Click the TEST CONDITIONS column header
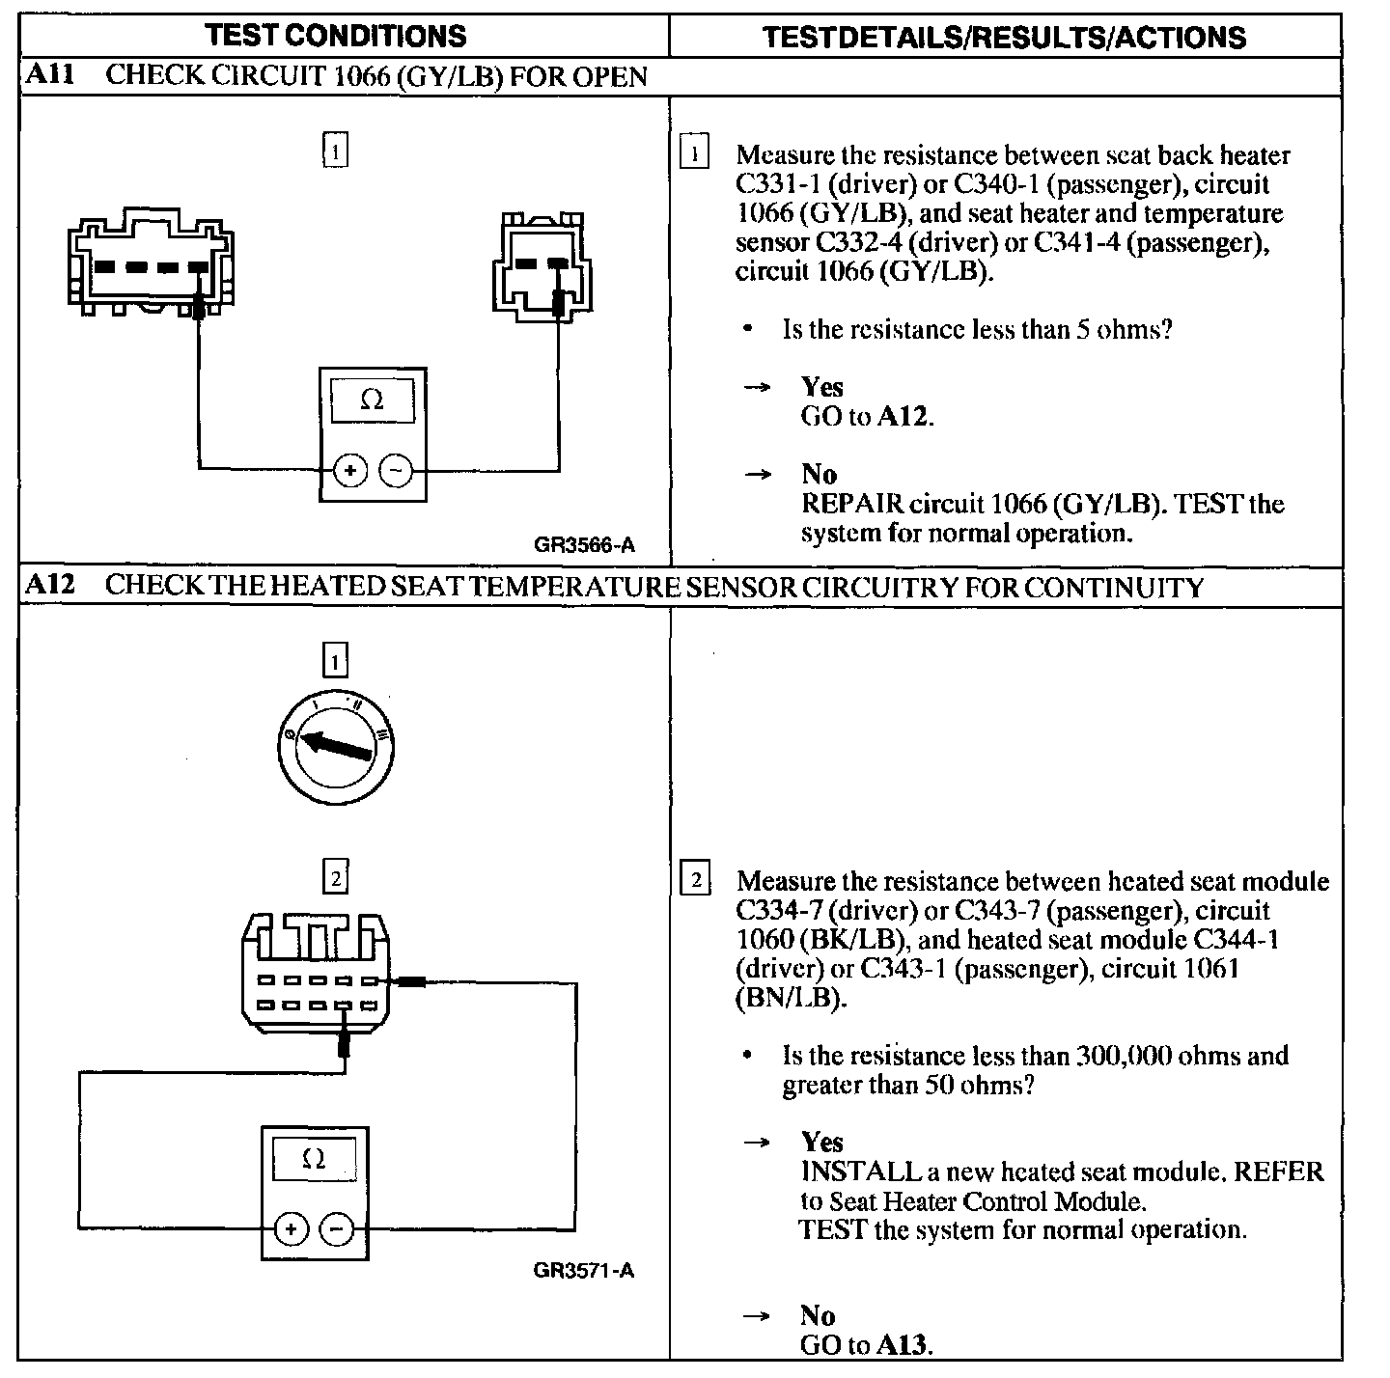tap(336, 36)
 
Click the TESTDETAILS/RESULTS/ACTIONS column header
tap(1004, 38)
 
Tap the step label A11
tap(49, 75)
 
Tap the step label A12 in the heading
tap(49, 586)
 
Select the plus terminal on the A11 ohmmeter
tap(350, 471)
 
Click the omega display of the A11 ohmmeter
tap(373, 400)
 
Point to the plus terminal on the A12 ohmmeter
tap(291, 1228)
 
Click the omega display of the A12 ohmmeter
tap(314, 1158)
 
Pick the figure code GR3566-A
tap(584, 545)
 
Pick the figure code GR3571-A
tap(583, 1270)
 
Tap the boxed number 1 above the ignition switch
tap(334, 661)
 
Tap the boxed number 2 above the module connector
tap(334, 877)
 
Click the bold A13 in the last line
tap(904, 1344)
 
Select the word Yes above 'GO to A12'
tap(822, 387)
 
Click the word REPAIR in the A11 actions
tap(852, 504)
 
